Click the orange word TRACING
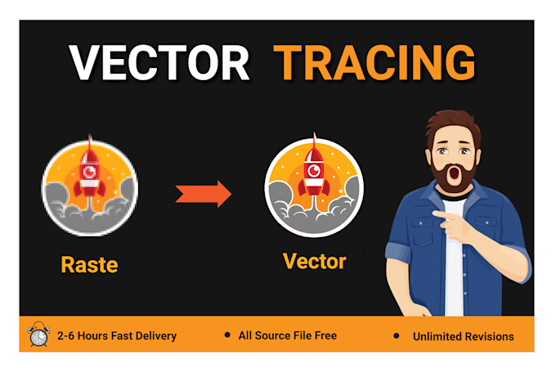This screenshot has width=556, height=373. coord(374,62)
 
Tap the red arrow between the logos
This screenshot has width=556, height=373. coord(204,194)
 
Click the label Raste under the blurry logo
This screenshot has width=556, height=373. coord(89,264)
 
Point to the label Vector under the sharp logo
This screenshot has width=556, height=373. coord(314,262)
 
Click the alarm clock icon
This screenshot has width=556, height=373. coord(38,335)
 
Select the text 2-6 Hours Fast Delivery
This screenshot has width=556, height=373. coord(117,336)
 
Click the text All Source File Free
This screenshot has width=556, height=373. coord(289,335)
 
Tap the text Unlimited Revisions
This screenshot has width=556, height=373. coord(463,336)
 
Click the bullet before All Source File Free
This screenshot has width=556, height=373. coord(226,335)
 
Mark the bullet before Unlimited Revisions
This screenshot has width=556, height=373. coord(397,335)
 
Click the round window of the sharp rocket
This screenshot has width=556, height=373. coord(313,170)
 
